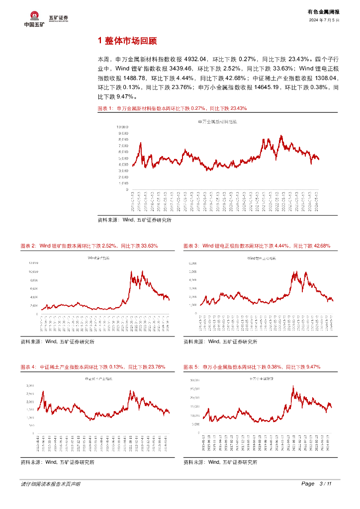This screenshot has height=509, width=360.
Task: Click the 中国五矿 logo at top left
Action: coord(34,19)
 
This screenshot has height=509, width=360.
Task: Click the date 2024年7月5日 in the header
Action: coord(324,20)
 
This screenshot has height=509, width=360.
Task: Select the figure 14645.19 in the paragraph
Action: coord(268,88)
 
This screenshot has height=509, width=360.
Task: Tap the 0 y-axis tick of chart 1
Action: coord(127,189)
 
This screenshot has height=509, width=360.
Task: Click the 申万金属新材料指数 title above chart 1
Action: coord(218,121)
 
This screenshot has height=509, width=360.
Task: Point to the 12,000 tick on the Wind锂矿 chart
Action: coord(33,262)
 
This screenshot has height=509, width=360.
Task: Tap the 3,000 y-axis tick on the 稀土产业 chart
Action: coord(30,386)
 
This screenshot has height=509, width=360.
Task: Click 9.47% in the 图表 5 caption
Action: coord(310,367)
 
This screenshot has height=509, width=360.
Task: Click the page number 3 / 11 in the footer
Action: coord(324,484)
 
